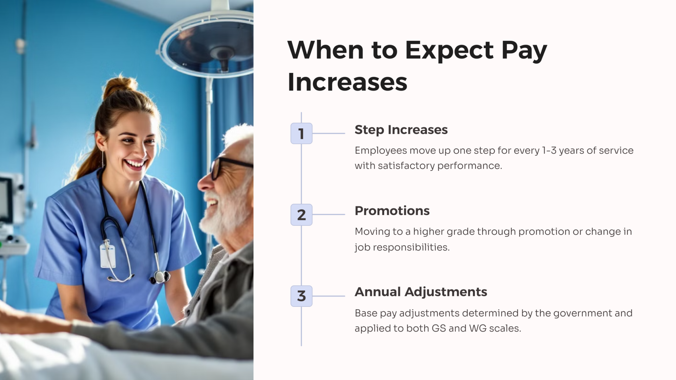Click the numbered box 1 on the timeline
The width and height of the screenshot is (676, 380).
pos(301,133)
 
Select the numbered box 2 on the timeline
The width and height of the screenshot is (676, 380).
pos(301,215)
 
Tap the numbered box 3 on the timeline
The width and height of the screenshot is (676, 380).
pos(301,296)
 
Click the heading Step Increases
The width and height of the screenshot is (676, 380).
pos(401,130)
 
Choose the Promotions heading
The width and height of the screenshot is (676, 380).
pos(392,211)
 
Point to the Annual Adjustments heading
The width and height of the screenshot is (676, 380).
pos(421,292)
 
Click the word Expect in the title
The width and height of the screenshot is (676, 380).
pos(449,50)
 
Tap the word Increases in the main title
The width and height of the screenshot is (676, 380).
pos(347,82)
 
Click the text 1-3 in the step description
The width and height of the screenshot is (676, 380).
pos(549,150)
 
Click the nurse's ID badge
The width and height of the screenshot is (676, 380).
pos(108,256)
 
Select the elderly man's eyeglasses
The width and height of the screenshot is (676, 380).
pos(224,167)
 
